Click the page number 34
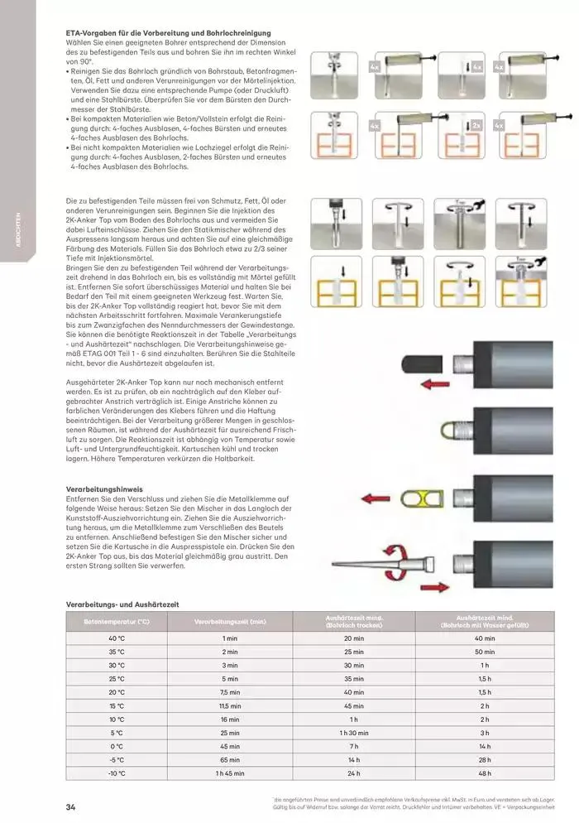tap(71, 806)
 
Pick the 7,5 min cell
tap(229, 691)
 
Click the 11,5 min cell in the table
tap(229, 705)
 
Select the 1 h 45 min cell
tap(229, 773)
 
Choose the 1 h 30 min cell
tap(353, 732)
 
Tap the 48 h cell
tap(486, 773)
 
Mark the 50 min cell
tap(486, 651)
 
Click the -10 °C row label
tap(116, 773)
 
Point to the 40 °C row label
tap(116, 638)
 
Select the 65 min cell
tap(229, 759)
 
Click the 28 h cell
tap(486, 759)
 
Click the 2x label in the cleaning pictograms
tap(476, 125)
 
